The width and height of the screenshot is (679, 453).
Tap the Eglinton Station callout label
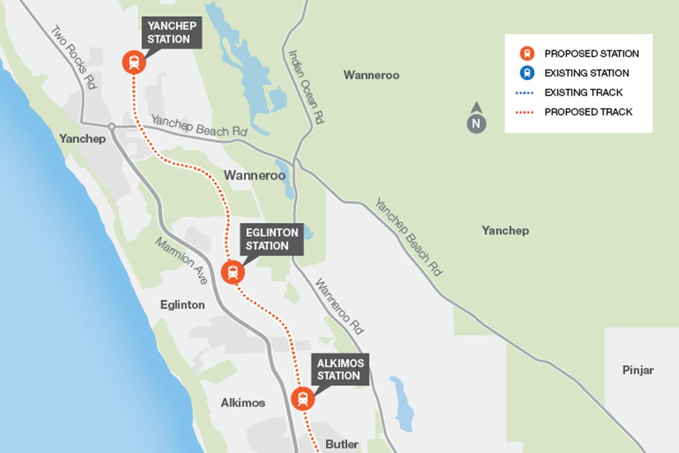[x=273, y=239]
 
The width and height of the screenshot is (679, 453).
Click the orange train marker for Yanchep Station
[x=133, y=62]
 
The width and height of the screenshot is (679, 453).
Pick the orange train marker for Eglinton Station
[x=233, y=273]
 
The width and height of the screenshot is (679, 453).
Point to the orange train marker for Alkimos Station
[x=303, y=398]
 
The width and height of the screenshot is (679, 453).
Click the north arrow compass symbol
[x=477, y=120]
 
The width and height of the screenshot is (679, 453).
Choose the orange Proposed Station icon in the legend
[x=526, y=53]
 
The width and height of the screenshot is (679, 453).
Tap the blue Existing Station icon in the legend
[x=526, y=73]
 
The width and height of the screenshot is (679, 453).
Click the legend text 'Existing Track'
[x=584, y=93]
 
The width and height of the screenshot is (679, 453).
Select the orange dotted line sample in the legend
[x=526, y=112]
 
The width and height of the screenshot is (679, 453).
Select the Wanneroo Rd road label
[x=339, y=306]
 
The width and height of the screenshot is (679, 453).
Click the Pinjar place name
[x=638, y=370]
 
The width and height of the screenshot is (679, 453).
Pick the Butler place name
[x=342, y=445]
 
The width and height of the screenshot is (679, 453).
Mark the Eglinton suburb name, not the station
[x=182, y=305]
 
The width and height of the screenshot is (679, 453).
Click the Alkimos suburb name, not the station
[x=243, y=403]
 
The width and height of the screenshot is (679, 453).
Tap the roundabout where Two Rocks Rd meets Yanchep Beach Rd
[x=112, y=127]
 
